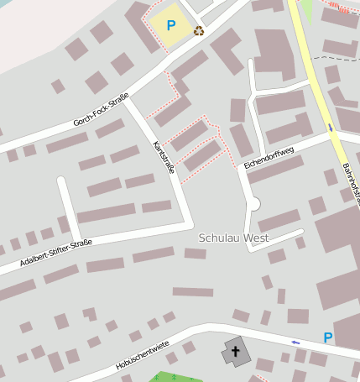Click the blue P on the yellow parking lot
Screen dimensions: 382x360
171,25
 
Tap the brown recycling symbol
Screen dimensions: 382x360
199,31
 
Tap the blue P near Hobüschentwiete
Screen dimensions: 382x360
328,338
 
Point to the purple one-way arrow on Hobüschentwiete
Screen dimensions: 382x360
295,343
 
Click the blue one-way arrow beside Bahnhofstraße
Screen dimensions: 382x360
331,128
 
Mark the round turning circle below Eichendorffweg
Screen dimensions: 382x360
253,204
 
